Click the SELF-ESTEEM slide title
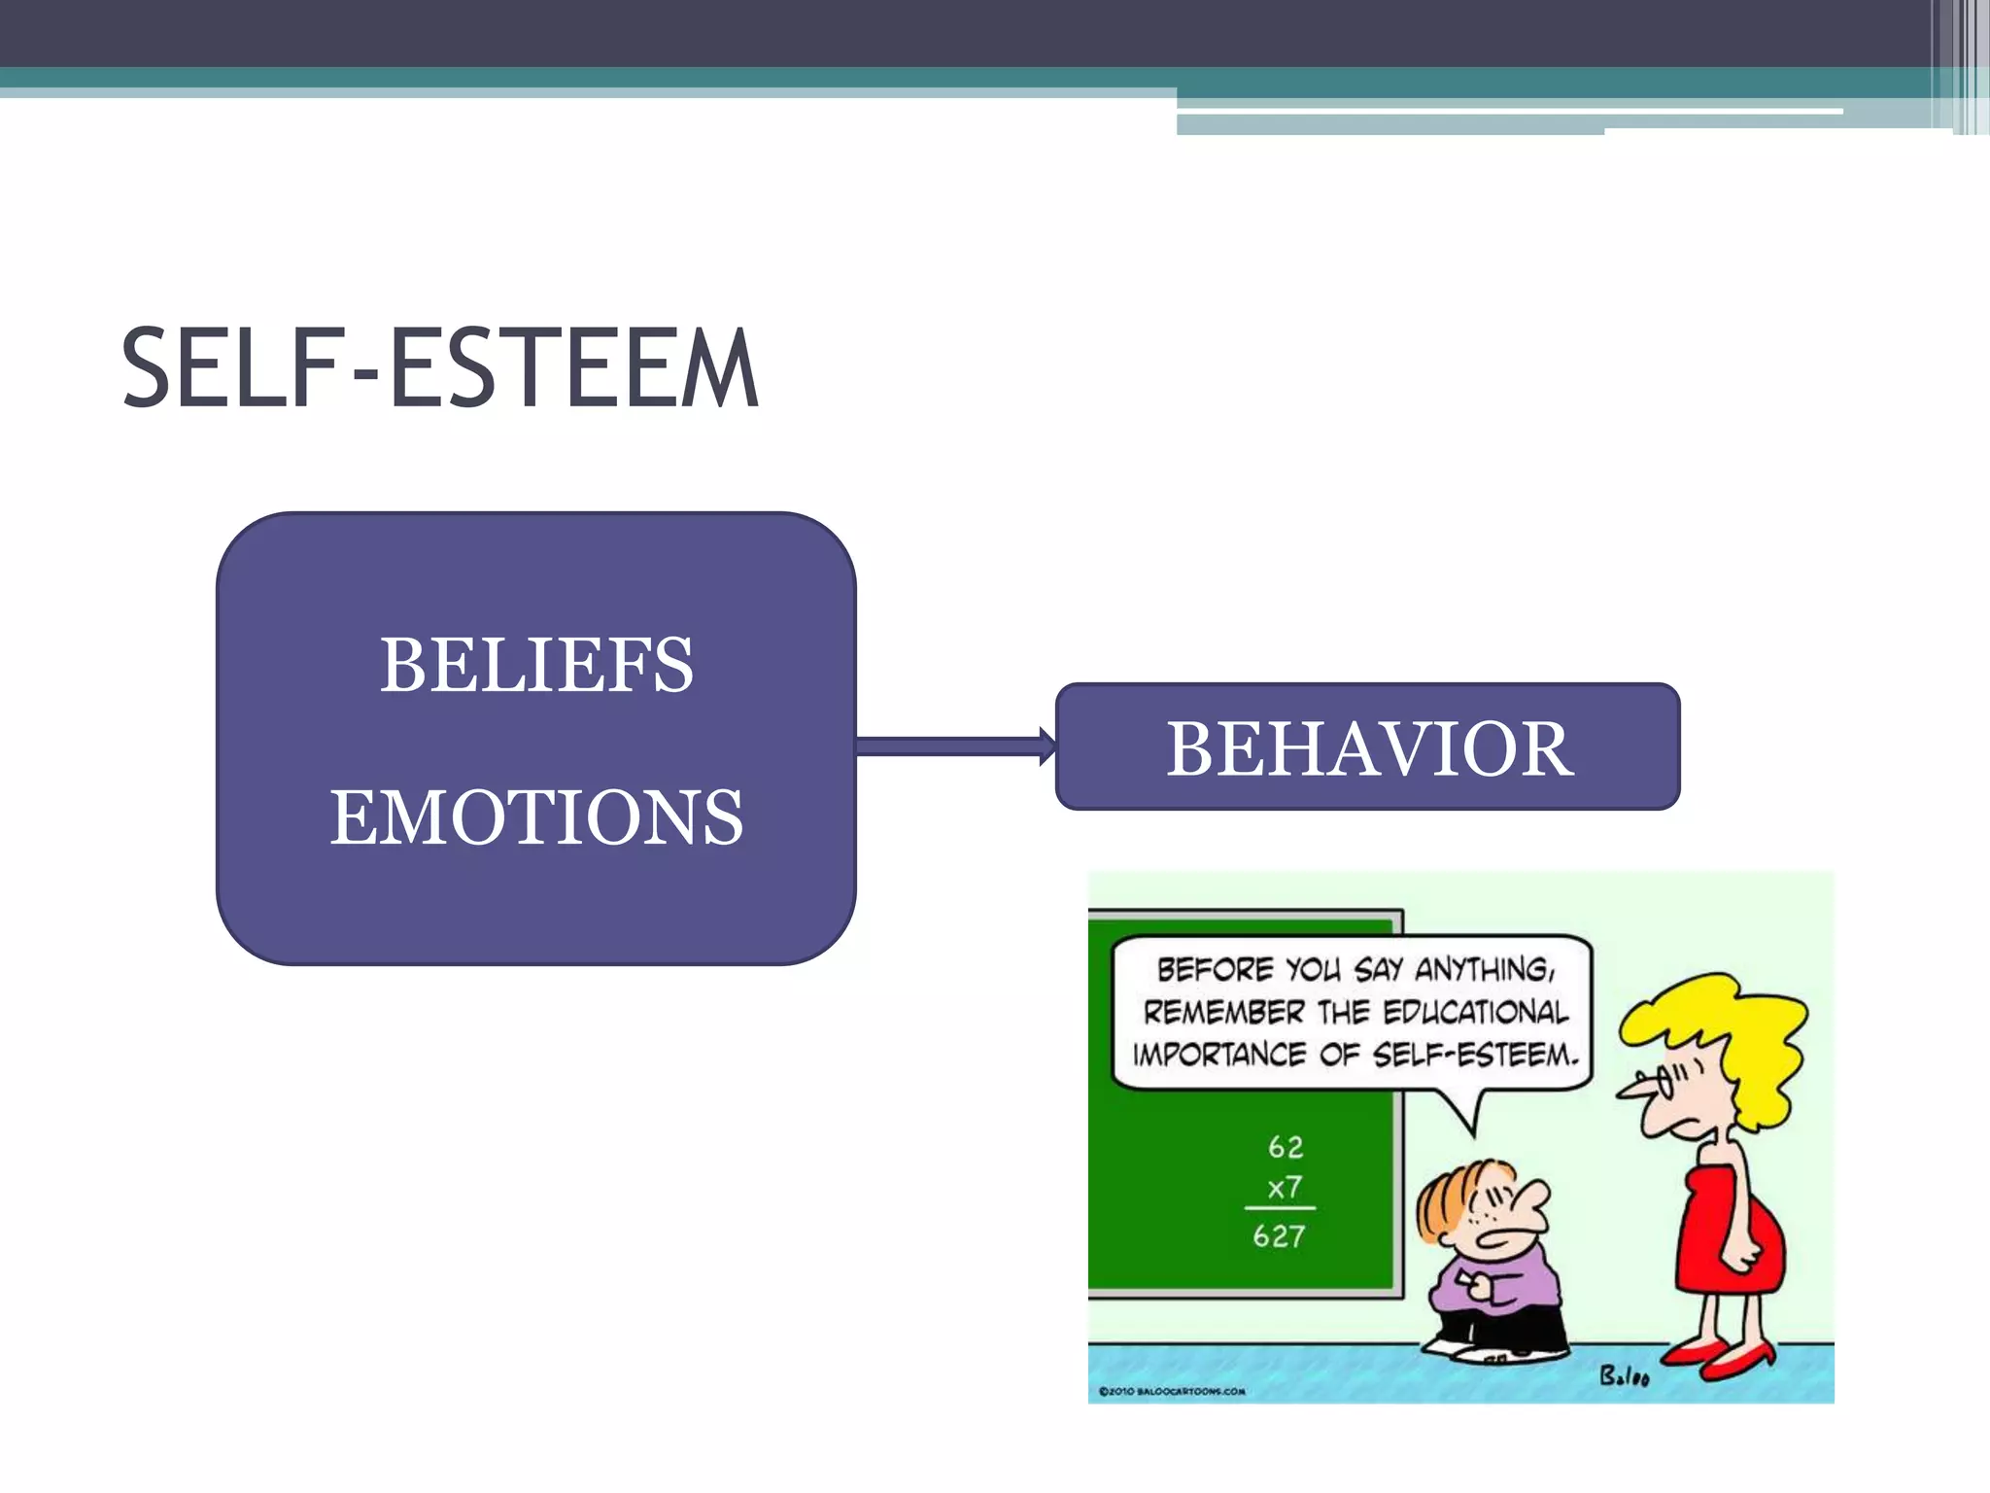coord(439,369)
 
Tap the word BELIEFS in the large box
coord(536,666)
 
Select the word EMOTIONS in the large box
coord(536,817)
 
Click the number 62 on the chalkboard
coord(1286,1148)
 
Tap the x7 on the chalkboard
coord(1285,1188)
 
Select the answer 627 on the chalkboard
coord(1279,1236)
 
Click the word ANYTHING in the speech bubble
coord(1484,970)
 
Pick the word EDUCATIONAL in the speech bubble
coord(1475,1013)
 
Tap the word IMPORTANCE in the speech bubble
coord(1218,1055)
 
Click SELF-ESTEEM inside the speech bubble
coord(1475,1055)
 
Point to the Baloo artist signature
coord(1624,1375)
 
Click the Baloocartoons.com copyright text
coord(1172,1392)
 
